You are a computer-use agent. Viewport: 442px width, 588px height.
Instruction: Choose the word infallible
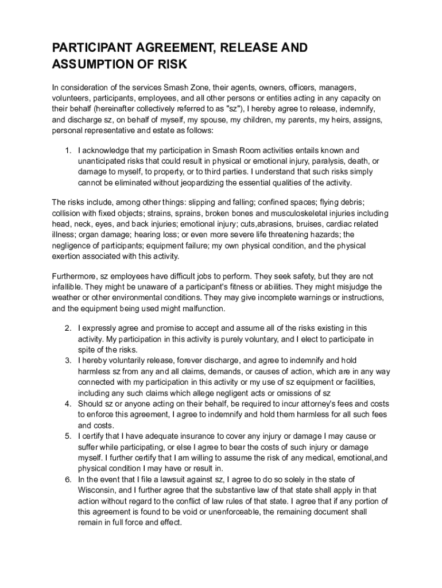pyautogui.click(x=69, y=287)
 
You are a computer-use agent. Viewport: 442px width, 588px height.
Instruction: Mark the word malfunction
pyautogui.click(x=204, y=308)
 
